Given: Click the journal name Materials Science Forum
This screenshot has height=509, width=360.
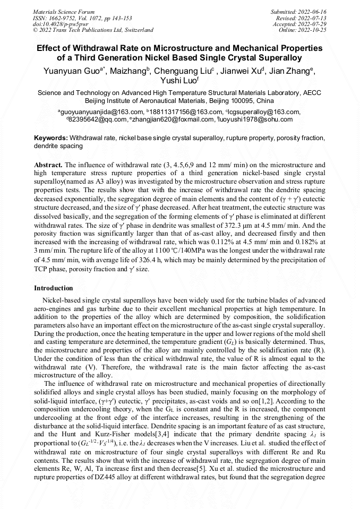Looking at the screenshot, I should pyautogui.click(x=64, y=11).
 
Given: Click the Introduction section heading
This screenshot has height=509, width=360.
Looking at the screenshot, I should pyautogui.click(x=54, y=288).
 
